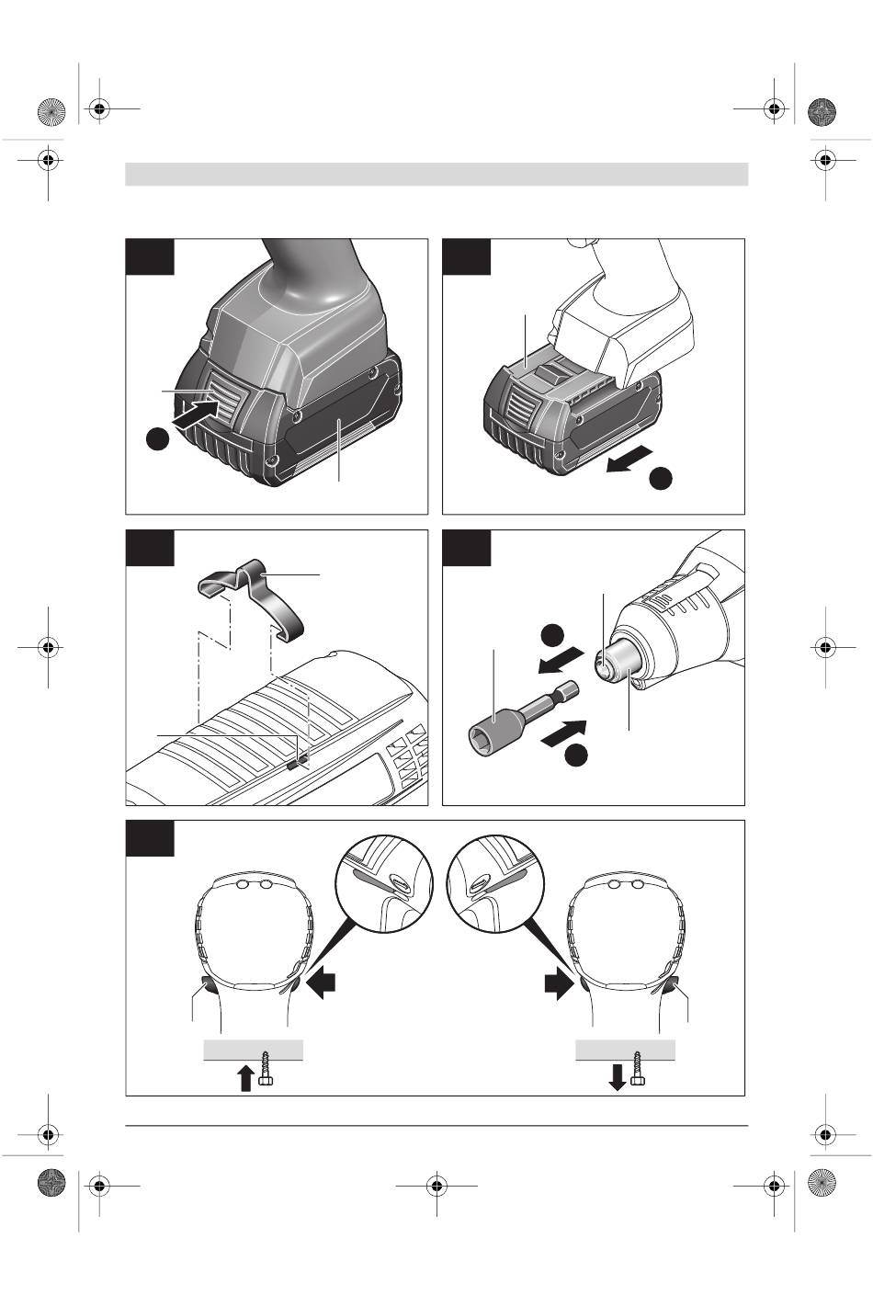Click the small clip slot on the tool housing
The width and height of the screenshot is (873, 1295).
292,762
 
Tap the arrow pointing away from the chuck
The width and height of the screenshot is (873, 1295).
559,660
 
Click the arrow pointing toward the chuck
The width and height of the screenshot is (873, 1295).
562,732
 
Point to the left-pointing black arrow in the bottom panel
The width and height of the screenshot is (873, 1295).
326,985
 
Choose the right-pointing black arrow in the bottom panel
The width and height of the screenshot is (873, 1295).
556,985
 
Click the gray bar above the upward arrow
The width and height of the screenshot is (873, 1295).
253,1049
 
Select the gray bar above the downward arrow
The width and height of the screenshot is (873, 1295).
625,1049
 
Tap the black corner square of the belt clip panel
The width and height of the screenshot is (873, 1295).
150,548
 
